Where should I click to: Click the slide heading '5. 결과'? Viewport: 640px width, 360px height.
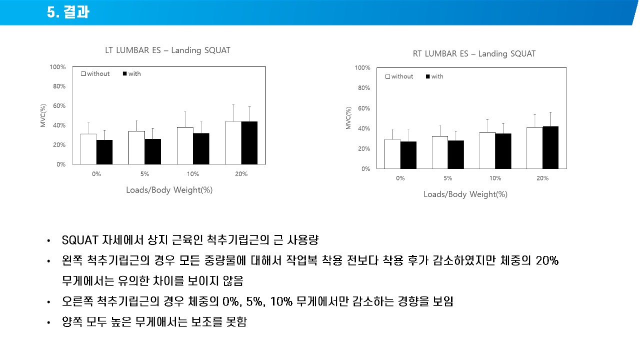(68, 12)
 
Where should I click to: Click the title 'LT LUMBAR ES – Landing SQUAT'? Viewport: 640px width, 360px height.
(167, 50)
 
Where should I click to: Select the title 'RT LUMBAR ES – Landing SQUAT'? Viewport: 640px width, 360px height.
(474, 53)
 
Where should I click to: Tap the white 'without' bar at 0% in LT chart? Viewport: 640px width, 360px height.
(88, 149)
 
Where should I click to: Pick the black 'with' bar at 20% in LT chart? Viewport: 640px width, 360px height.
(249, 143)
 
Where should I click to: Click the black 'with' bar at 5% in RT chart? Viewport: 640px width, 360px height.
(455, 154)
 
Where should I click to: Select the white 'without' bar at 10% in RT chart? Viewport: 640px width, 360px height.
(487, 150)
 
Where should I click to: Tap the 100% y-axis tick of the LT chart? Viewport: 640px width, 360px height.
(57, 67)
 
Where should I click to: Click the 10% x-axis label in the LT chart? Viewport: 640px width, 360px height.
(193, 174)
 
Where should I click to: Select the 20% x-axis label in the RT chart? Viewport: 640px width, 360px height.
(542, 178)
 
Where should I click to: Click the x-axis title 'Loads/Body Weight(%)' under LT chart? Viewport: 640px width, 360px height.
(169, 190)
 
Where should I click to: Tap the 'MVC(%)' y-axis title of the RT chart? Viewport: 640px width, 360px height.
(348, 118)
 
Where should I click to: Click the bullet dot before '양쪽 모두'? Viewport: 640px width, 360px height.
(48, 322)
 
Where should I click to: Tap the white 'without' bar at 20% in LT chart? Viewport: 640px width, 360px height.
(233, 143)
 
